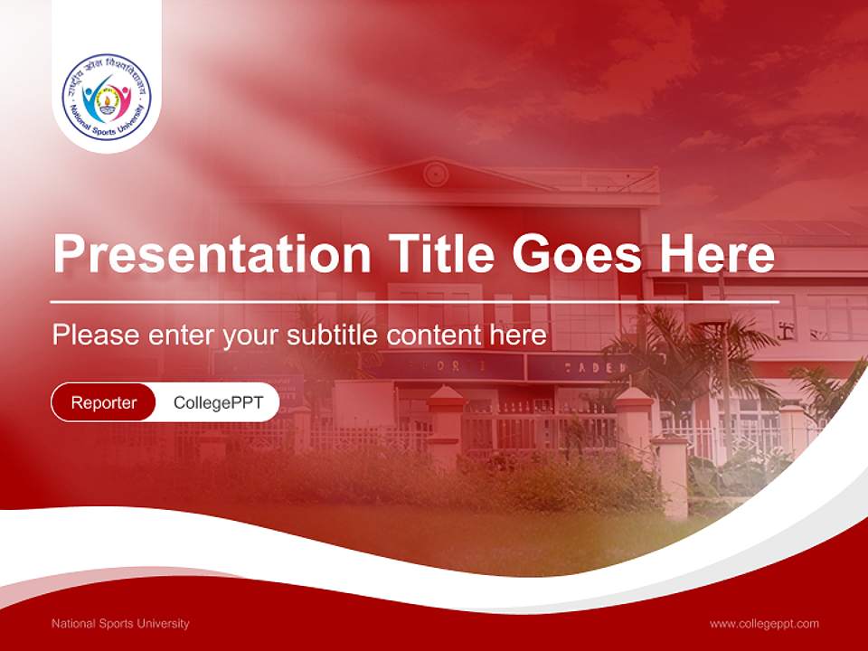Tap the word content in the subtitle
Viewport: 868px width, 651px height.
point(434,335)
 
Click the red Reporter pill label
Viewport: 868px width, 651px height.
point(104,402)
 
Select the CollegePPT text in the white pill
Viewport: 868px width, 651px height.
point(218,402)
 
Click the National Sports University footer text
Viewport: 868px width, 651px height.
point(120,624)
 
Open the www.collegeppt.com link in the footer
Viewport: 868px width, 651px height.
point(764,624)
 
